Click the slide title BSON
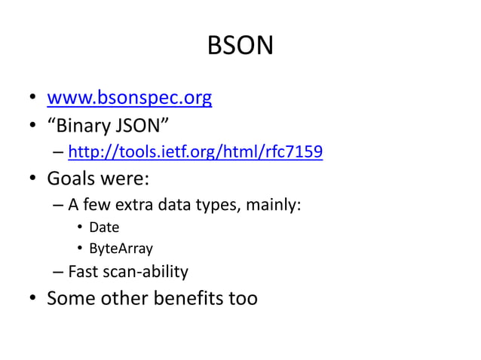(x=240, y=47)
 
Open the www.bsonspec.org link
(x=129, y=98)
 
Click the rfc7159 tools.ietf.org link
(x=195, y=154)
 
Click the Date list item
(x=104, y=227)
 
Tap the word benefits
(x=188, y=298)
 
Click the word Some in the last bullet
(x=71, y=298)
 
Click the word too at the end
(x=242, y=298)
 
